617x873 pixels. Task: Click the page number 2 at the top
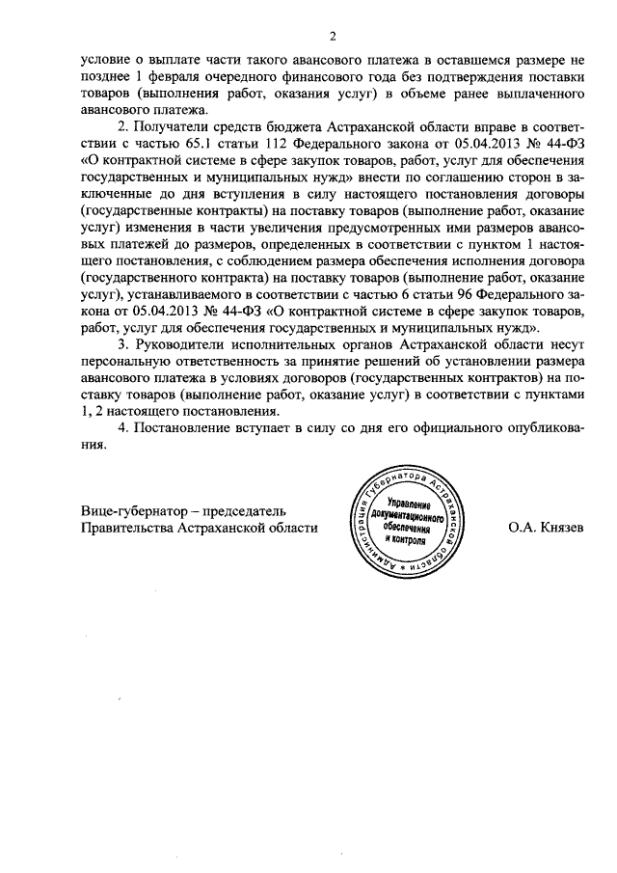[331, 38]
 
